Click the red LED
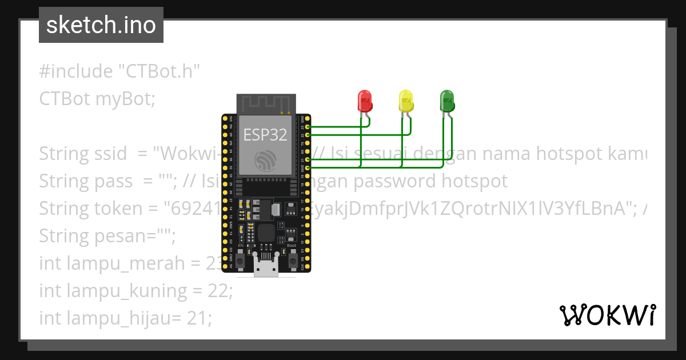[364, 101]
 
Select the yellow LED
[405, 101]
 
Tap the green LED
[446, 101]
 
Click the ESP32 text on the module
[265, 135]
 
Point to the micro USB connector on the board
[266, 268]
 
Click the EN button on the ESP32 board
[241, 261]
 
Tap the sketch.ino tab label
[101, 25]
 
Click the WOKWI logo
[607, 315]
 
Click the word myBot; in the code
[125, 99]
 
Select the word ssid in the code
[109, 154]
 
